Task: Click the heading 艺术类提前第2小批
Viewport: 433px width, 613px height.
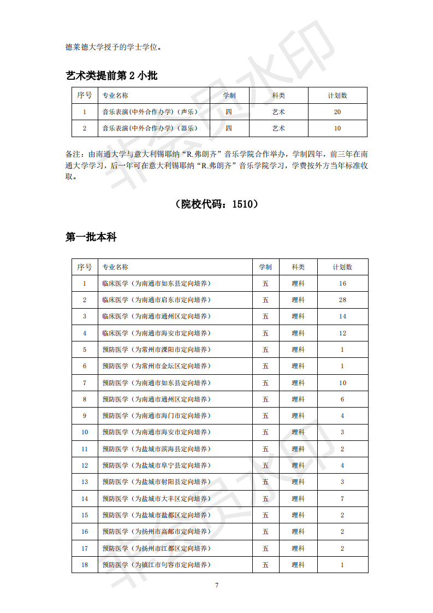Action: point(111,76)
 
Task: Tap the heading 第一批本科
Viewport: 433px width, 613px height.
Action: point(91,237)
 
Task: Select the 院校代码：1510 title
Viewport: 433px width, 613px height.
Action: point(216,204)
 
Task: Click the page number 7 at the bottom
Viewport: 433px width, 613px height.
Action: point(217,585)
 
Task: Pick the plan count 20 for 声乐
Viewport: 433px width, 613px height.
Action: point(337,112)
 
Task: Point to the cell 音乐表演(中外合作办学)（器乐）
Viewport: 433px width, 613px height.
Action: point(150,128)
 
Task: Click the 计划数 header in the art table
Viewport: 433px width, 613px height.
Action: point(337,96)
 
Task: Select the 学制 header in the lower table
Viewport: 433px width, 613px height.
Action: point(265,267)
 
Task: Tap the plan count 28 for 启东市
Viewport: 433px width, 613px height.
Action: point(342,300)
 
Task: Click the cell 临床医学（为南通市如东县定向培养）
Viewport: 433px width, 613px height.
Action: point(156,284)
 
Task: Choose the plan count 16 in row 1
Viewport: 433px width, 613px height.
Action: point(342,284)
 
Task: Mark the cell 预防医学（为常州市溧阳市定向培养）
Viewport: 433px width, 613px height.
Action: point(156,350)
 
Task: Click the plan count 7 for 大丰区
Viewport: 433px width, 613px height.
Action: point(342,499)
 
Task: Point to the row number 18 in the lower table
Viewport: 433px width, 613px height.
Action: point(85,565)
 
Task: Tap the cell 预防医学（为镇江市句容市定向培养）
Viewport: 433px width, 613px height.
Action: point(156,565)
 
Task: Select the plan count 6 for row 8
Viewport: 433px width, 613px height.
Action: point(342,399)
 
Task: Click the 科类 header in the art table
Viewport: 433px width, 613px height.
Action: point(278,96)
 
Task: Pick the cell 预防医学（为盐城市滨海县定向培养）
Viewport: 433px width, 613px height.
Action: point(156,449)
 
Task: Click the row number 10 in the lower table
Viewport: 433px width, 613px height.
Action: point(85,432)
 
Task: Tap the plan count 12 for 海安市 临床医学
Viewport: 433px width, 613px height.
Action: point(342,333)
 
